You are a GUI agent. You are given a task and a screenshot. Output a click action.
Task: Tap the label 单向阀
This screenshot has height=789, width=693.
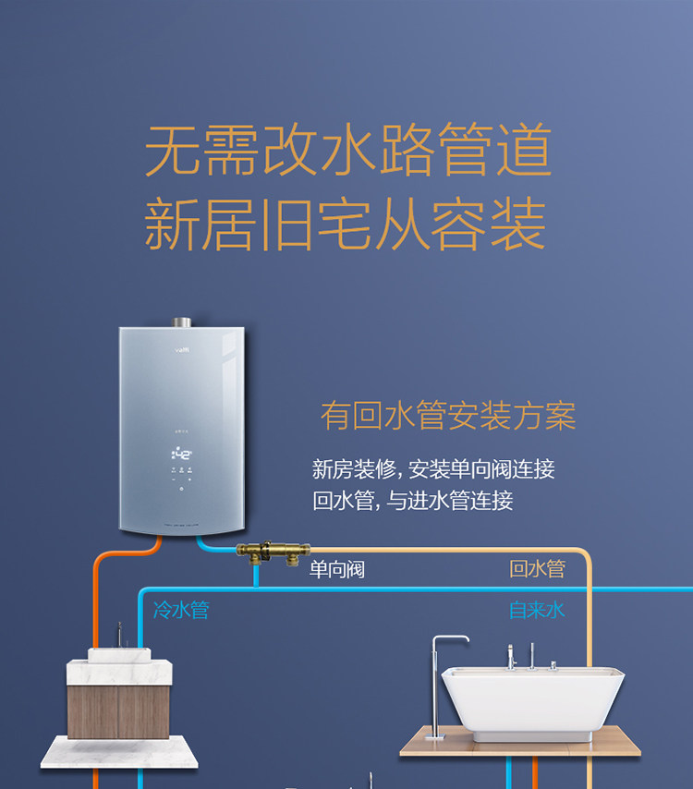337,570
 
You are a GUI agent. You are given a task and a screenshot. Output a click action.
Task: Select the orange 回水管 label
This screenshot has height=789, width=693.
537,569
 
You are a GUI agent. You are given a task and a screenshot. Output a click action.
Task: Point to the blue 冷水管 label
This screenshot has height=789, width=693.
181,610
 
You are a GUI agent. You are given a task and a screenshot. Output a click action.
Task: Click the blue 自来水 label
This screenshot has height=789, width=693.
537,610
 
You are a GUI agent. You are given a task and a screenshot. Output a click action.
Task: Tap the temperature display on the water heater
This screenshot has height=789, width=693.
181,455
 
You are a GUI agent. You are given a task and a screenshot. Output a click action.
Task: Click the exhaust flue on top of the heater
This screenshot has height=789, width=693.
181,323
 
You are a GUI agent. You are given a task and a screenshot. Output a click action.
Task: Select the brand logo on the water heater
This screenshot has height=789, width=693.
182,348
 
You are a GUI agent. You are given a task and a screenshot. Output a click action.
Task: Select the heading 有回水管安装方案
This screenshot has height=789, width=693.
448,417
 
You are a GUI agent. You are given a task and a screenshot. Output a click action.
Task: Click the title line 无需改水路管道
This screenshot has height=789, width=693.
347,152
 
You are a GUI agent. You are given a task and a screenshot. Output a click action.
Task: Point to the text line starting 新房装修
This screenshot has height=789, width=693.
433,468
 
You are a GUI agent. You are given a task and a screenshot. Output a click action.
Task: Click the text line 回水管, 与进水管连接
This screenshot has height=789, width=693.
412,501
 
